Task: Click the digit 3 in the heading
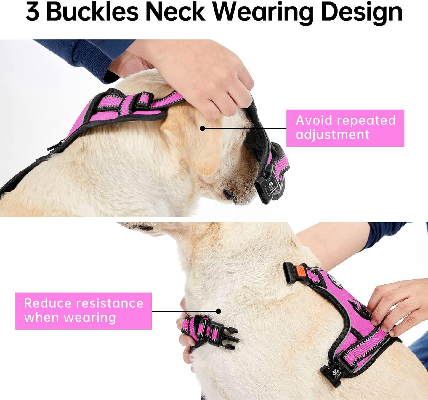click(32, 12)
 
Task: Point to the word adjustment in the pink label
click(332, 135)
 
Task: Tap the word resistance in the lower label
click(109, 303)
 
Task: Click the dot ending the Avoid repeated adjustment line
click(203, 128)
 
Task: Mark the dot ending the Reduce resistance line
click(219, 311)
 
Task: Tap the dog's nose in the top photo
click(228, 195)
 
